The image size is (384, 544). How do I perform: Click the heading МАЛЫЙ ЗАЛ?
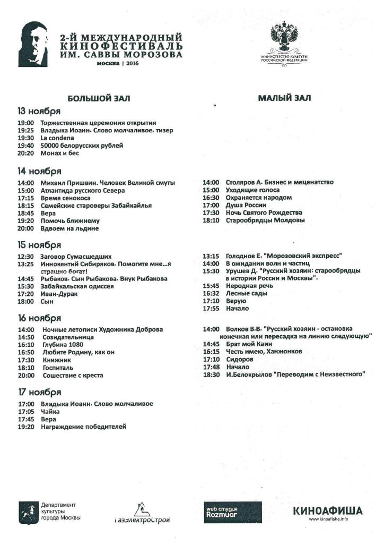[284, 98]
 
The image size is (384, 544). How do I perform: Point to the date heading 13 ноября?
[39, 112]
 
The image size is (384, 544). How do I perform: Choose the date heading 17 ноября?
[39, 393]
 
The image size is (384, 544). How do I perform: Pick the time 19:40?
[25, 145]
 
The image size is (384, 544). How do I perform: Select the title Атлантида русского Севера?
[83, 190]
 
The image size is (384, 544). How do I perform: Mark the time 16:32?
[211, 293]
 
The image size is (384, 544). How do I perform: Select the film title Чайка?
[50, 411]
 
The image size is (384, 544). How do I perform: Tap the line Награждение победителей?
[83, 427]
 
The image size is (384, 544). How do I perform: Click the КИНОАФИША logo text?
[328, 511]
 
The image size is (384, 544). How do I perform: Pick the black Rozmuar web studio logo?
[232, 512]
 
